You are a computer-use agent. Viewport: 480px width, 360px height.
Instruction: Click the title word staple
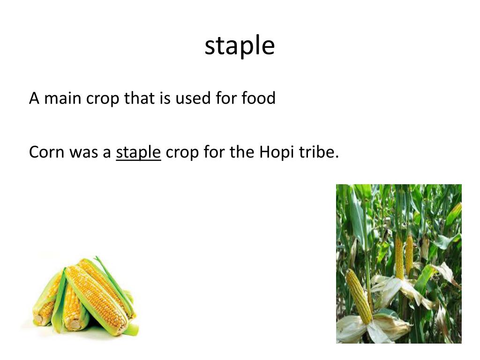click(x=240, y=46)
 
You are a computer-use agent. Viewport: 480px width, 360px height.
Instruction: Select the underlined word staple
click(x=138, y=152)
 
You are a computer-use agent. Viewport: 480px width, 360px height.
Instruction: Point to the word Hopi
click(x=275, y=152)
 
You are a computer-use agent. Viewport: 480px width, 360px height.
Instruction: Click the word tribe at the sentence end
click(x=321, y=152)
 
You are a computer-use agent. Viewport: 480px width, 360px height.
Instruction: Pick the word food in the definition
click(x=258, y=98)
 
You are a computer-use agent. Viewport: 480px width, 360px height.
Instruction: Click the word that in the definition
click(x=139, y=98)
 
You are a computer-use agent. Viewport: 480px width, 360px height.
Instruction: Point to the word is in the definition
click(x=165, y=98)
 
